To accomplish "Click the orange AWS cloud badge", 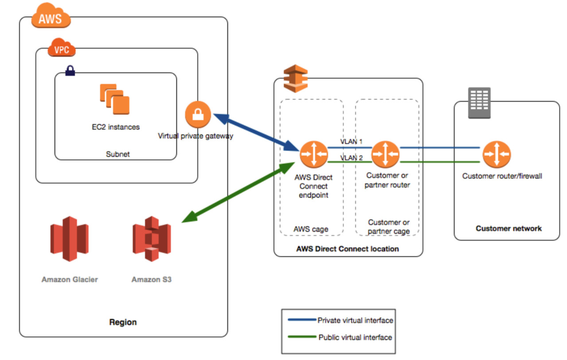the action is [51, 16].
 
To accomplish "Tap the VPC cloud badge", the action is [62, 47].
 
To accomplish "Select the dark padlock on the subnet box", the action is [70, 70].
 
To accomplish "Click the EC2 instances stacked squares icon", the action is [115, 99].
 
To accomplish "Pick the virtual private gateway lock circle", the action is [198, 114].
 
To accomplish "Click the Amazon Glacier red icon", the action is [70, 239].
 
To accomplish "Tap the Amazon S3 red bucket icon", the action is [151, 239].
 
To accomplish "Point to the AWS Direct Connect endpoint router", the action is [314, 154].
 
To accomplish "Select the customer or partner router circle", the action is [385, 154].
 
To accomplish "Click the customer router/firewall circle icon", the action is [497, 154].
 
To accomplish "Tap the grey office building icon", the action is [479, 103].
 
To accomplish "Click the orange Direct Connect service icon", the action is [295, 78].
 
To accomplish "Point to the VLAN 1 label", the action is [351, 141].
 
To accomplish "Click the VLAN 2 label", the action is [351, 158].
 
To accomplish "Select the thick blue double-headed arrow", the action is [256, 132].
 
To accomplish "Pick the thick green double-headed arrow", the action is [238, 192].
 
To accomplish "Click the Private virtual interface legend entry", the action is [341, 320].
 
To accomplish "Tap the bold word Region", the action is [123, 322].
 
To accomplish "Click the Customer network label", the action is [509, 228].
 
